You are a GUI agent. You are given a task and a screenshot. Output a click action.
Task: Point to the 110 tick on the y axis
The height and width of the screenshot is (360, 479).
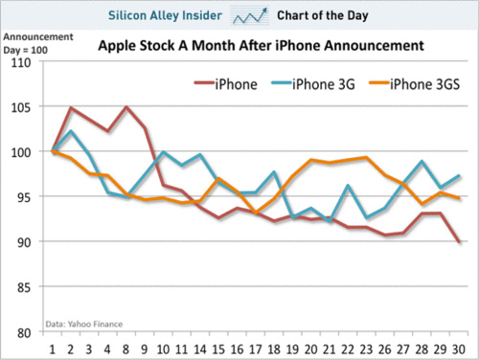[20, 62]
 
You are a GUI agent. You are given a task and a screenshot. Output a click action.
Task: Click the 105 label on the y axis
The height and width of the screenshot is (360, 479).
[20, 107]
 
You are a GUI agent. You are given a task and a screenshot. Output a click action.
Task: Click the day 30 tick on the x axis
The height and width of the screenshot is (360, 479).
[461, 348]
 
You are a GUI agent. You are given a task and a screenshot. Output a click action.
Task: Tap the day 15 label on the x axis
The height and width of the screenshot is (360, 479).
[219, 348]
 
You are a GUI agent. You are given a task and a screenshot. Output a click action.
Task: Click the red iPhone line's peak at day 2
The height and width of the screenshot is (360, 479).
[71, 108]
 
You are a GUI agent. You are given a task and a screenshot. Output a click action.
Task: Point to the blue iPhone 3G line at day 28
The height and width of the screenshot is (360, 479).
[424, 163]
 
